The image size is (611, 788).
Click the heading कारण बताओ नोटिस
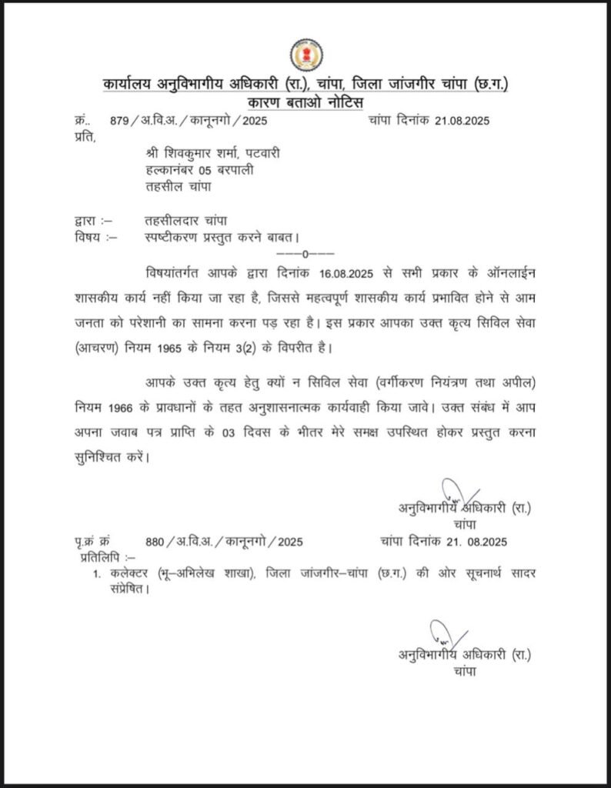tap(305, 103)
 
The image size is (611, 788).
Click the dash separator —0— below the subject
tap(305, 254)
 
